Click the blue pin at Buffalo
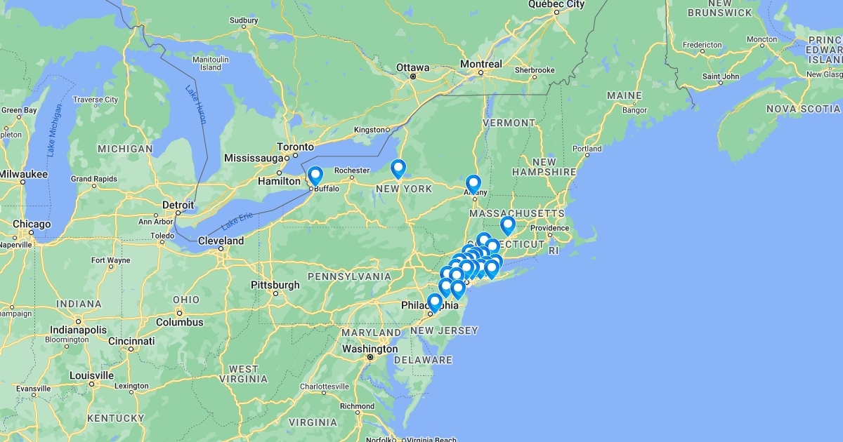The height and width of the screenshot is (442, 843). [x=315, y=175]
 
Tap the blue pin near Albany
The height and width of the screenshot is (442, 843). [x=473, y=184]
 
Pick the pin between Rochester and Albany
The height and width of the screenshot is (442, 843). [x=398, y=168]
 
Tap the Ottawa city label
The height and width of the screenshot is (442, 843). [x=412, y=67]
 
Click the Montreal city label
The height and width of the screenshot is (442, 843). [x=481, y=64]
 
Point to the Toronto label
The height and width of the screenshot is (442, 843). [x=295, y=147]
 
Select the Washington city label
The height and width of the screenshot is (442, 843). [x=370, y=349]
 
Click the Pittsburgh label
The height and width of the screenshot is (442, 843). [x=275, y=285]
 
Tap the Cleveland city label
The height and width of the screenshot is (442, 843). [x=221, y=241]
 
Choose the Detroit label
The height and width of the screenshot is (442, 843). [x=178, y=204]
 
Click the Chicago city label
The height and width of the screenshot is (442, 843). [x=32, y=225]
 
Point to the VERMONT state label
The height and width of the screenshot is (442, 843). [x=509, y=123]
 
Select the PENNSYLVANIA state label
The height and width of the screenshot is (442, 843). [x=349, y=276]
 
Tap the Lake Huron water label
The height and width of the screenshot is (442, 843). [x=196, y=104]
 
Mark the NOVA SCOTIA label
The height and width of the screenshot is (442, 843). [x=803, y=109]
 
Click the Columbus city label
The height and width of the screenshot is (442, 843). [x=179, y=323]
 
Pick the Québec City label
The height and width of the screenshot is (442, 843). [x=556, y=4]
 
